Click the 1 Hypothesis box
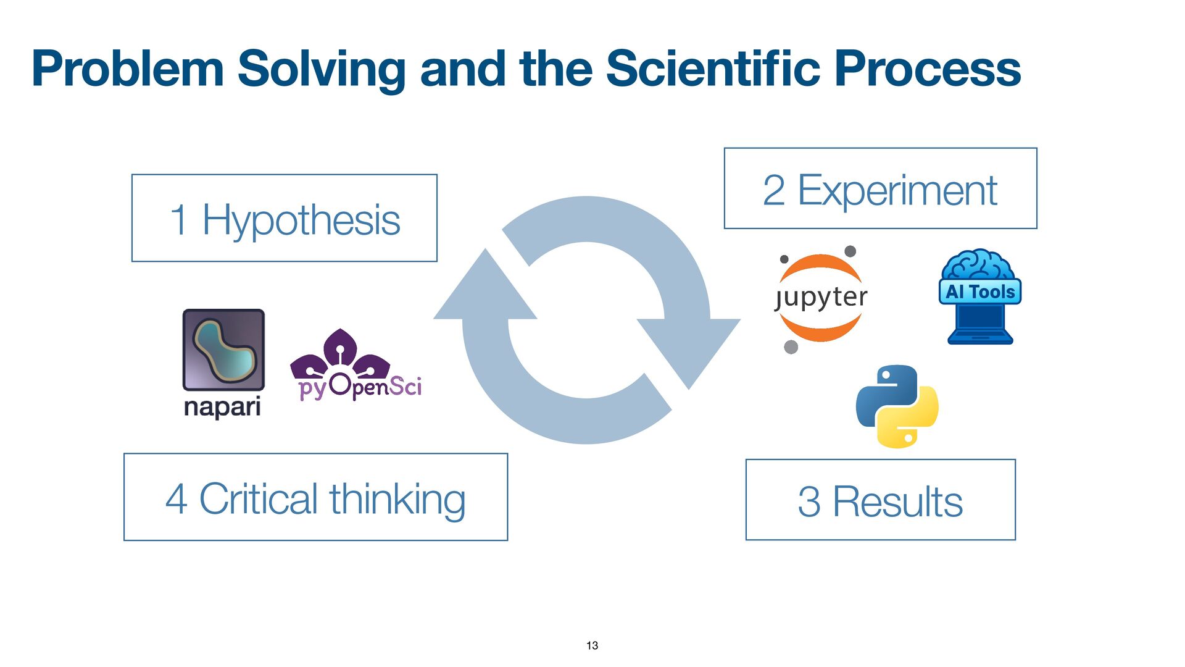click(285, 218)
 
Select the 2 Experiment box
click(880, 188)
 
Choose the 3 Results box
click(880, 500)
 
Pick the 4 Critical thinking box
click(315, 497)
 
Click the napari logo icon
click(223, 350)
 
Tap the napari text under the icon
click(222, 407)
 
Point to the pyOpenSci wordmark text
click(360, 387)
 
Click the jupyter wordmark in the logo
click(821, 297)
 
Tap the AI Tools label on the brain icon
click(980, 292)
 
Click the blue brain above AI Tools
click(978, 265)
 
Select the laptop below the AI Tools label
click(980, 324)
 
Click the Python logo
click(897, 406)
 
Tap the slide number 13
click(592, 645)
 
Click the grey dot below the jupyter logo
click(791, 347)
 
